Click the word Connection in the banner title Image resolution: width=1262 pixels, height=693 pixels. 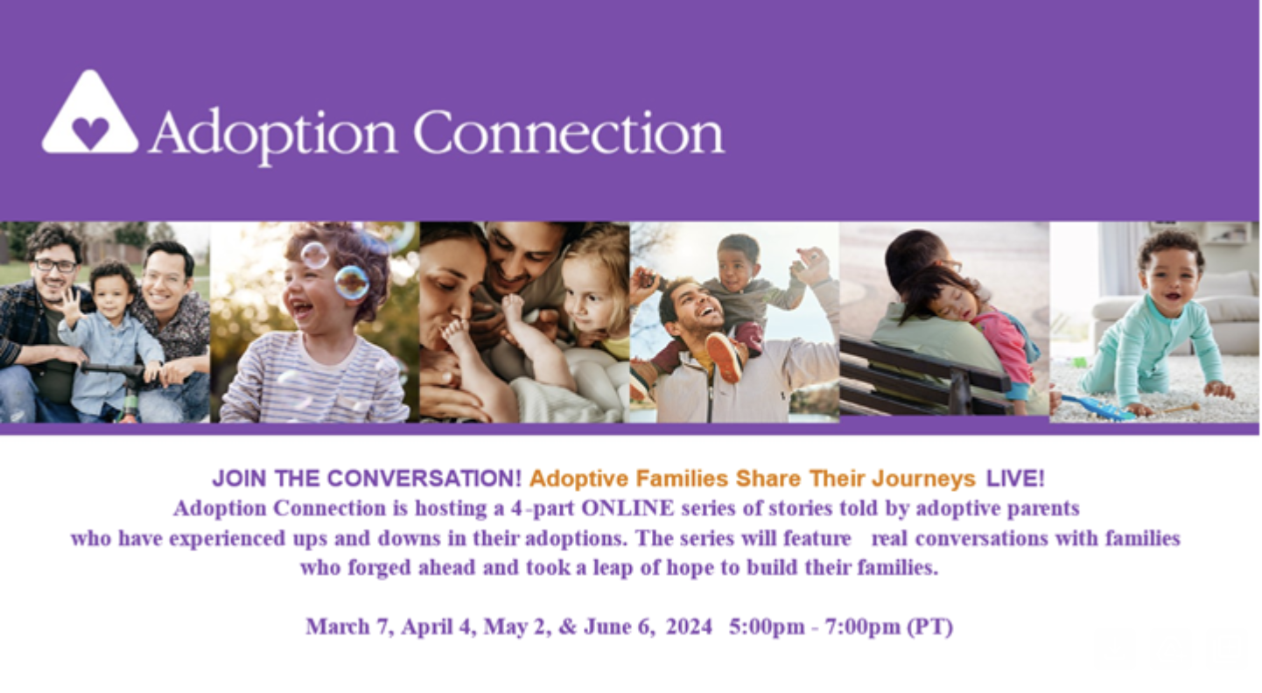point(569,133)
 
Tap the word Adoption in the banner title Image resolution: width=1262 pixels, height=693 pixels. point(273,136)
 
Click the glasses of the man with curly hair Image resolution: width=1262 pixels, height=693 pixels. point(55,265)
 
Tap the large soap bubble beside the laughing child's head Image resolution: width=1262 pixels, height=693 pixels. point(352,282)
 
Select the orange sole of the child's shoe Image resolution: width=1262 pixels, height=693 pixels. point(724,357)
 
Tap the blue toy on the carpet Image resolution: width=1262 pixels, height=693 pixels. point(1098,408)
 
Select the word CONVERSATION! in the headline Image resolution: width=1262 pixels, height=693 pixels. point(424,479)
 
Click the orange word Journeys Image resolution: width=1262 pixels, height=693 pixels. point(923,479)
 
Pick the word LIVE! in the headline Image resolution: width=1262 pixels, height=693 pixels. point(1015,479)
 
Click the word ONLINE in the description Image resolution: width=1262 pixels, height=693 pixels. point(627,508)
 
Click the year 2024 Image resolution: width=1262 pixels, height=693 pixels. point(689,626)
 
